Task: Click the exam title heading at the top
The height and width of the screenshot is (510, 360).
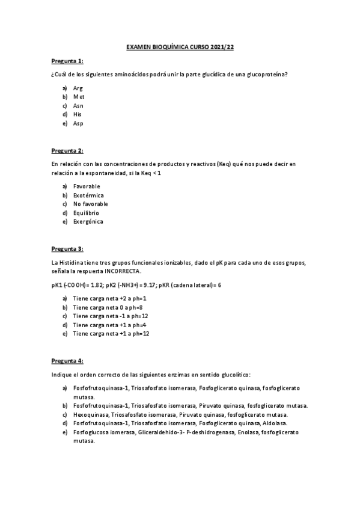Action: (x=180, y=46)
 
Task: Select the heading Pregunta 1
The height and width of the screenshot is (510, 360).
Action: (x=67, y=61)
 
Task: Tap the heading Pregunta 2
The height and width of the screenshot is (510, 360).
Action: (x=67, y=150)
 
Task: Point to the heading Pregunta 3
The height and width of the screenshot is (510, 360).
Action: (x=67, y=248)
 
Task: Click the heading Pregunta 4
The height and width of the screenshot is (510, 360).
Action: (x=67, y=360)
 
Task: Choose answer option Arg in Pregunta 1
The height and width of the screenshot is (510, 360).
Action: (x=78, y=88)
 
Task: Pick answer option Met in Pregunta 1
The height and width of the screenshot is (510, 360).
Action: (x=79, y=96)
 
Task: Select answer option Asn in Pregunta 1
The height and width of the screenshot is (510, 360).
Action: (x=78, y=105)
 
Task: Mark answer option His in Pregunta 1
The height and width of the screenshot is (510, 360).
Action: (x=78, y=114)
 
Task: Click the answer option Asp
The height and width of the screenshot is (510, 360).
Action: (x=78, y=123)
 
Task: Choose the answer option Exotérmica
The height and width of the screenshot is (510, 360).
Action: (x=88, y=195)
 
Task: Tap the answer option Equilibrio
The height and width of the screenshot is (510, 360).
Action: (x=87, y=213)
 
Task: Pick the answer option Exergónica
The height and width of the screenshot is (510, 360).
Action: (x=88, y=221)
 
